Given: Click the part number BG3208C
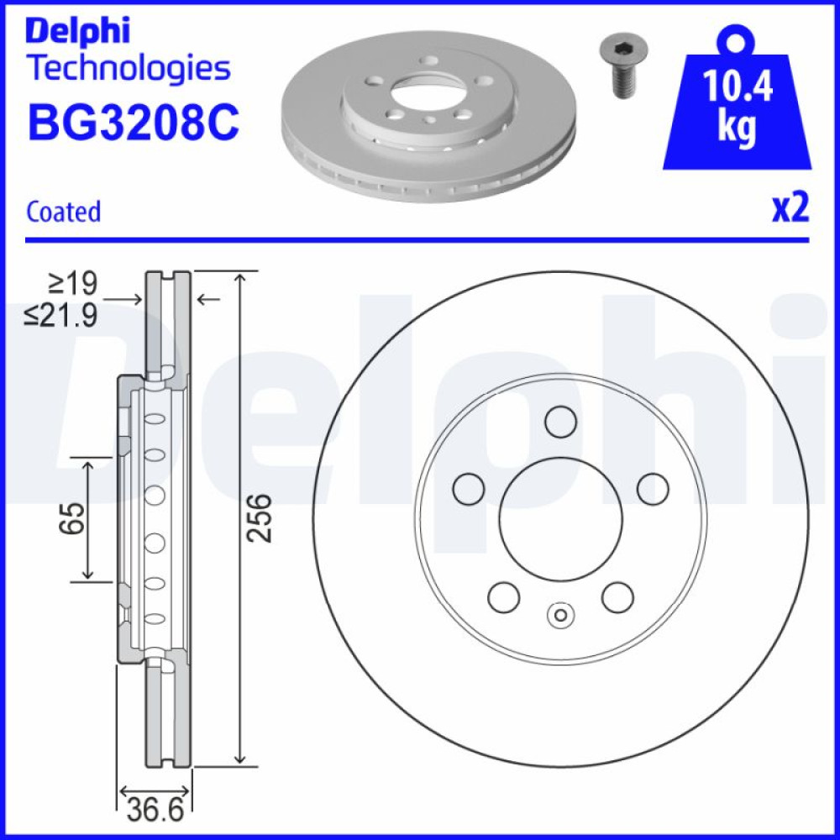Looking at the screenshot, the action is pyautogui.click(x=134, y=123).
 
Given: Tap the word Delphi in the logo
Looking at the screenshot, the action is pyautogui.click(x=77, y=31).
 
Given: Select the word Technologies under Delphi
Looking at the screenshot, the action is pyautogui.click(x=129, y=69).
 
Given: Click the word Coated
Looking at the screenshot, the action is pyautogui.click(x=63, y=211).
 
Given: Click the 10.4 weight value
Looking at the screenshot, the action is pyautogui.click(x=738, y=86).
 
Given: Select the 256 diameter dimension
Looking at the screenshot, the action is pyautogui.click(x=259, y=518).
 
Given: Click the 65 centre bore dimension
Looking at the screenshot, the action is pyautogui.click(x=71, y=518).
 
